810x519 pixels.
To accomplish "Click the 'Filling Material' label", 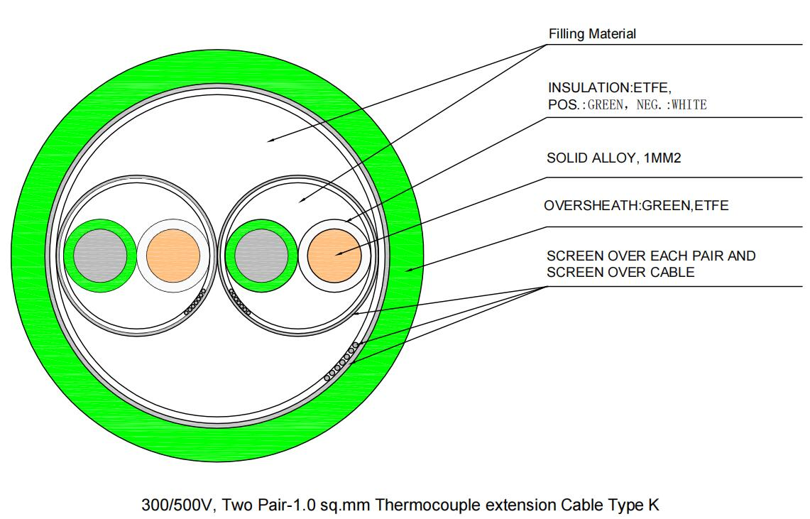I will point(593,34).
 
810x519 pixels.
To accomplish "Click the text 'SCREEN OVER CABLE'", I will point(620,271).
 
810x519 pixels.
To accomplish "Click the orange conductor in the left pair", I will point(173,253).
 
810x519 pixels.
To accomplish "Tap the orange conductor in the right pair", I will point(334,253).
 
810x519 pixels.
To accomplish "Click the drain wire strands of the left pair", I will point(195,301).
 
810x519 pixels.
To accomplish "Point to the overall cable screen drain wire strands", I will point(342,361).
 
